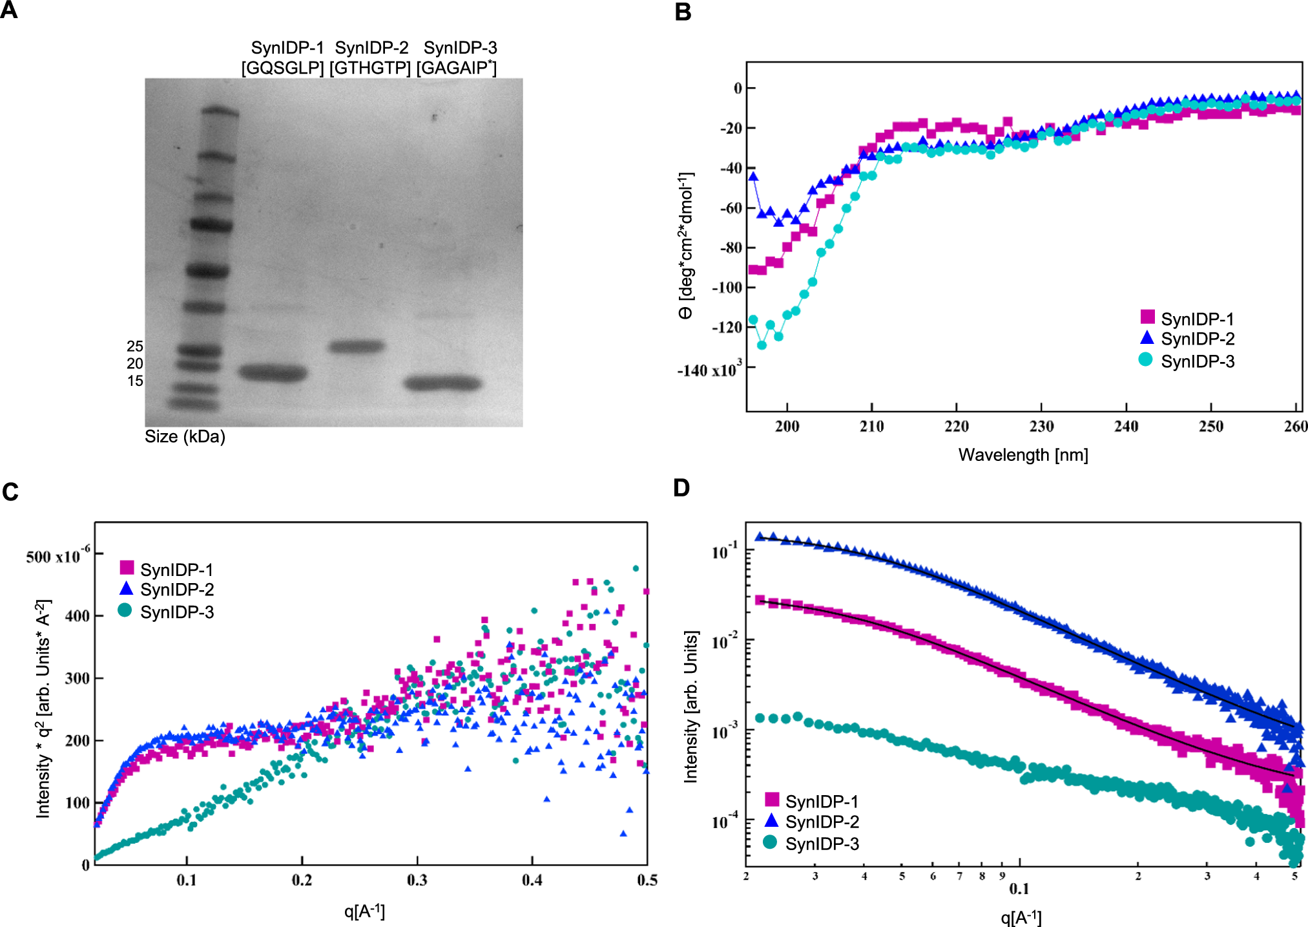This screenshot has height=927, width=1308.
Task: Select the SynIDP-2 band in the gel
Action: tap(357, 346)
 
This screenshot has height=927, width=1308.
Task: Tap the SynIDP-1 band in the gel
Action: tap(273, 373)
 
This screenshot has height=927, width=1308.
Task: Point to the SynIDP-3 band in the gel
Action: tap(443, 383)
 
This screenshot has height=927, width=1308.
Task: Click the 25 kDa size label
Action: tap(135, 346)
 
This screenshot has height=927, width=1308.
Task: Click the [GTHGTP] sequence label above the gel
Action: tap(370, 68)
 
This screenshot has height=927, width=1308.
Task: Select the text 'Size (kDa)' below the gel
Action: tap(185, 437)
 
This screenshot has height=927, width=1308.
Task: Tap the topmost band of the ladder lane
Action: tap(220, 112)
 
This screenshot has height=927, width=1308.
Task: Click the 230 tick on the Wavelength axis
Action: tap(1041, 427)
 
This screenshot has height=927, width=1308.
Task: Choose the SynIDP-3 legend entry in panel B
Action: tap(1187, 361)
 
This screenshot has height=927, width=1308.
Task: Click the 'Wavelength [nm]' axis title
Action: tap(1023, 455)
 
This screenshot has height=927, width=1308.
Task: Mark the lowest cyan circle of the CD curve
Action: tap(762, 345)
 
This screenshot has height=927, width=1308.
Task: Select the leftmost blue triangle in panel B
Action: tap(753, 176)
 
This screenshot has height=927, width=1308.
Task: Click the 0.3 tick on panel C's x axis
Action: tap(417, 880)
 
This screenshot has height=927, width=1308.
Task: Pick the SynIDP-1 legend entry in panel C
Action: tap(167, 570)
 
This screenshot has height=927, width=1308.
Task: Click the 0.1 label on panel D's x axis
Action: tap(1019, 889)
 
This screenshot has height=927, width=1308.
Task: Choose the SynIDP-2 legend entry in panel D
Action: tap(812, 822)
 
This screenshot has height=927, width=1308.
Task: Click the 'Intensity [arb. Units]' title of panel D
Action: tap(691, 707)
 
